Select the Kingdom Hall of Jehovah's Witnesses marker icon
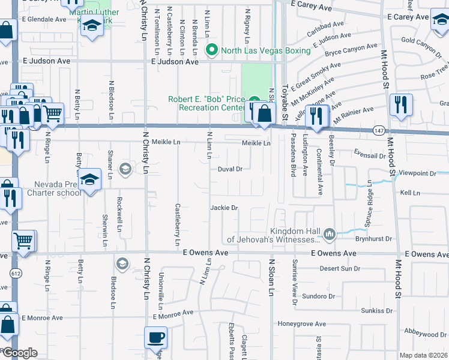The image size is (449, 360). [328, 233]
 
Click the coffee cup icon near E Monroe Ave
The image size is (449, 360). [156, 337]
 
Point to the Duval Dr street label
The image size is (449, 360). [230, 169]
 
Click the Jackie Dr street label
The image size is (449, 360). [224, 208]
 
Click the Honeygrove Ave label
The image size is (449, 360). [302, 324]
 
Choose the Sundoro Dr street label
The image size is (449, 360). [318, 296]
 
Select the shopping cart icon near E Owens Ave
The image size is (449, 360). [23, 241]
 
